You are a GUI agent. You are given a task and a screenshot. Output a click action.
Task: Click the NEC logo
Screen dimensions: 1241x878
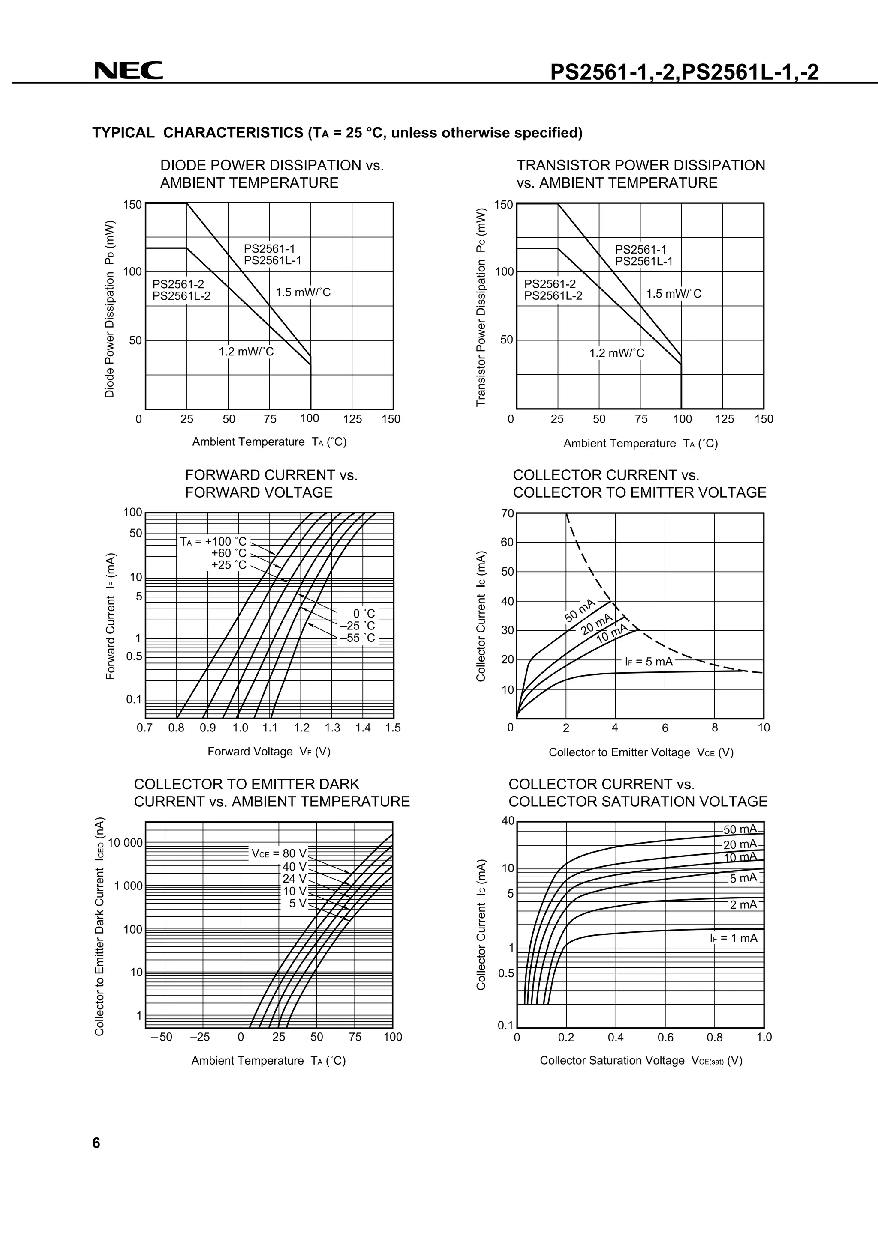click(129, 70)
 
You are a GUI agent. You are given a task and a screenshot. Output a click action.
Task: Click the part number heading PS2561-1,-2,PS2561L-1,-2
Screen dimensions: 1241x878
click(684, 72)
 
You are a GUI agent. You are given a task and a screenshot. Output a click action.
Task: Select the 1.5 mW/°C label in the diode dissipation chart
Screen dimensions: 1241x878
click(303, 292)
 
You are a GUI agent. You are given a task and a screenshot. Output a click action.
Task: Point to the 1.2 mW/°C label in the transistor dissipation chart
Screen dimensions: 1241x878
click(617, 353)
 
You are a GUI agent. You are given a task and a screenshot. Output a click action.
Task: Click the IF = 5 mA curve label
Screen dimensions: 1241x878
click(649, 662)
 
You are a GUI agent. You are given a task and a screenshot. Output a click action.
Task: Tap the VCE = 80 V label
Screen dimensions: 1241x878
click(279, 853)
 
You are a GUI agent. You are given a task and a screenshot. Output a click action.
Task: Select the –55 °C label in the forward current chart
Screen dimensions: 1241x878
click(357, 638)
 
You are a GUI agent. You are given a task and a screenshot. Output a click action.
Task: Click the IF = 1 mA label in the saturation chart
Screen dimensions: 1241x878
click(734, 938)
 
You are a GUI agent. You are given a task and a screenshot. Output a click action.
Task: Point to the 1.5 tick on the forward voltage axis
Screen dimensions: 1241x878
click(393, 728)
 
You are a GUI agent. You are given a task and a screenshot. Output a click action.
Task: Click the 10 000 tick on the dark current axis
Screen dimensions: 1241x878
click(126, 843)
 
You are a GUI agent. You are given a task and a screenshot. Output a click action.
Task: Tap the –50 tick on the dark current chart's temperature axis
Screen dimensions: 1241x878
click(161, 1037)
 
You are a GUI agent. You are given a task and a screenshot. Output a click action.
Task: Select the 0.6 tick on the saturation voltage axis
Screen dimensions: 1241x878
click(665, 1037)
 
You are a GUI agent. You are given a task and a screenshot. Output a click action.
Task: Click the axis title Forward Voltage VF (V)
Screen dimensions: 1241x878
click(269, 751)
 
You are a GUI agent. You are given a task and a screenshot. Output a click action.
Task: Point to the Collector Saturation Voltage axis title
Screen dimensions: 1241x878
click(641, 1060)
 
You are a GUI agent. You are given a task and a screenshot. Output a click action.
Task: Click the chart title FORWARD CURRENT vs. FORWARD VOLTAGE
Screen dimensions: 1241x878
click(271, 484)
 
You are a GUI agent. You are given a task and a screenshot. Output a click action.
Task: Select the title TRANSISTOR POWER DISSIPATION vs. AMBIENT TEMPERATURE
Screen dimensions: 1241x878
click(640, 174)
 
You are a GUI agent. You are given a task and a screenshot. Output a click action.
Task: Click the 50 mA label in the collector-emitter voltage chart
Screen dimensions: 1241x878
click(580, 611)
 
